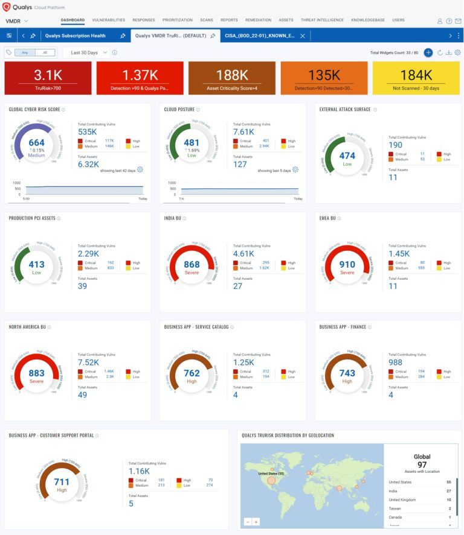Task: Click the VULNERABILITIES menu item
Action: point(109,20)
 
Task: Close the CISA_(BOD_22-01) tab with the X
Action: point(303,36)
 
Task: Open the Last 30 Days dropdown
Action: point(88,52)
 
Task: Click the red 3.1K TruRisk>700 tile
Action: point(48,78)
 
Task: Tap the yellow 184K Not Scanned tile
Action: point(416,78)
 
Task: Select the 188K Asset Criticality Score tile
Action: point(231,78)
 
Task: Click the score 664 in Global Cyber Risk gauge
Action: point(36,143)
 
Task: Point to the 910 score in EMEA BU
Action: point(347,264)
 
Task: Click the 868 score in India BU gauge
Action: point(192,264)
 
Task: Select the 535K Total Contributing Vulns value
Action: point(88,131)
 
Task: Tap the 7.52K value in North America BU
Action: point(88,362)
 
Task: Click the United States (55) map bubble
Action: point(271,481)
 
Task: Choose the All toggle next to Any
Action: point(44,52)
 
